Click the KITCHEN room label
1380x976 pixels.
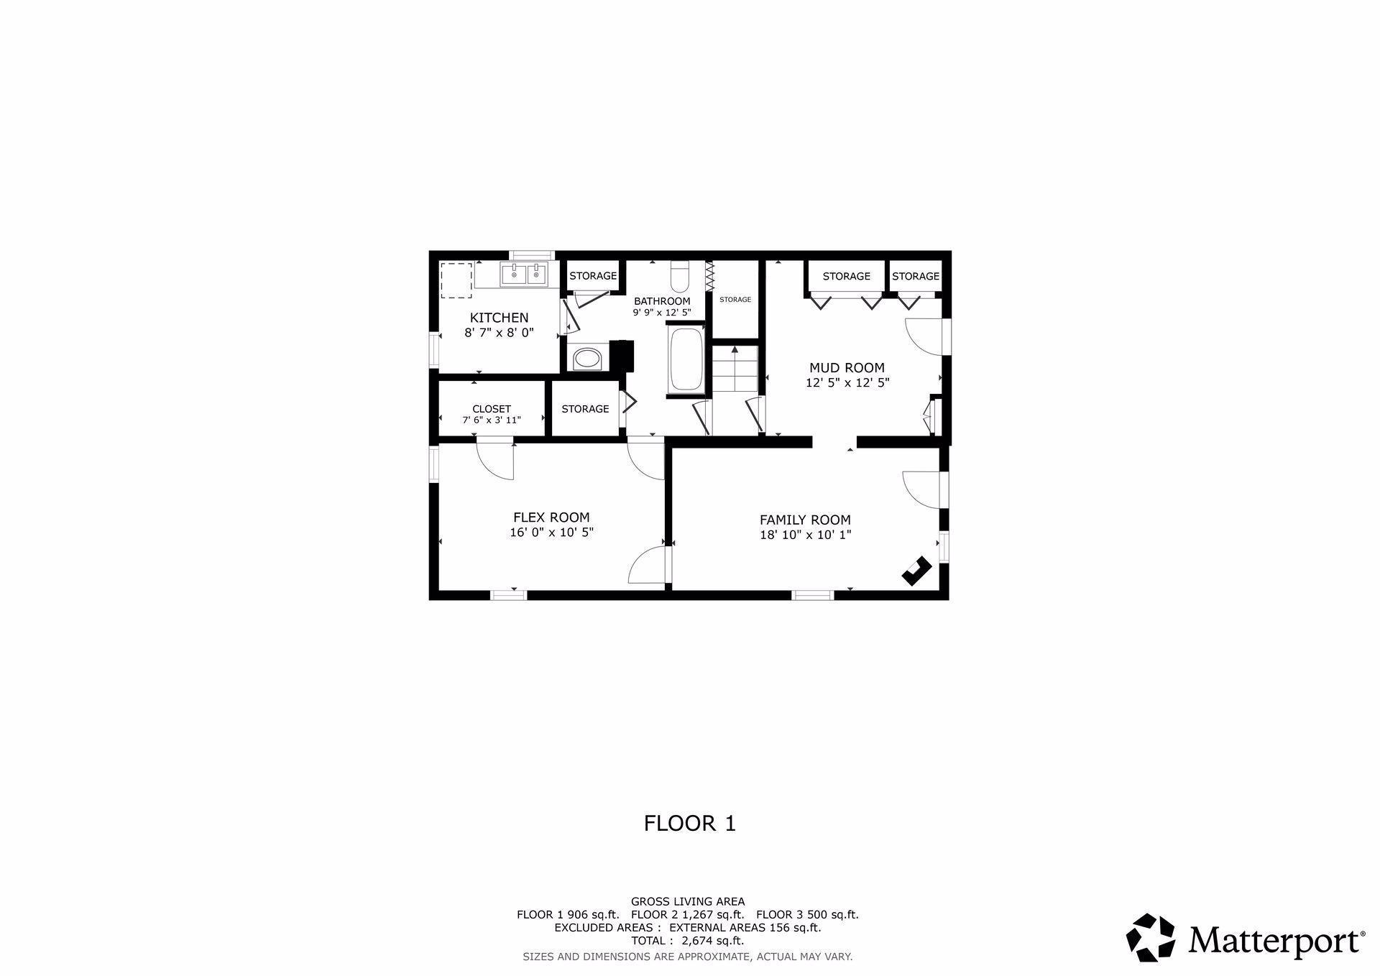[x=499, y=318]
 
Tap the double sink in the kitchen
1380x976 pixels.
[x=525, y=275]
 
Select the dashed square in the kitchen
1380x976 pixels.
[x=456, y=280]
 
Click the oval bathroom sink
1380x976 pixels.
[x=588, y=358]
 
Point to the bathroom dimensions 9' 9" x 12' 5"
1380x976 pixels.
[x=661, y=313]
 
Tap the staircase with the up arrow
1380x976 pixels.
[x=735, y=368]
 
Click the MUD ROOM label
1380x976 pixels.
[x=847, y=368]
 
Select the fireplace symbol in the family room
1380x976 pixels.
[x=916, y=571]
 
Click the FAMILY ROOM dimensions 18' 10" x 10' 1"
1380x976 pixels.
[x=805, y=535]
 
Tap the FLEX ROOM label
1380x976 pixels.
[x=551, y=517]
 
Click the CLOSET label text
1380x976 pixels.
[x=492, y=409]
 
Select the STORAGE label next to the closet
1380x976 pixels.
[x=585, y=409]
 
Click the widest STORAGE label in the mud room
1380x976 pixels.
[x=846, y=276]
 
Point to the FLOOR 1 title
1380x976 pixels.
[x=689, y=823]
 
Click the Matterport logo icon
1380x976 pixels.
[x=1150, y=936]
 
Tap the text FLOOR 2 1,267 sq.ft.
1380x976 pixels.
[x=687, y=915]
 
